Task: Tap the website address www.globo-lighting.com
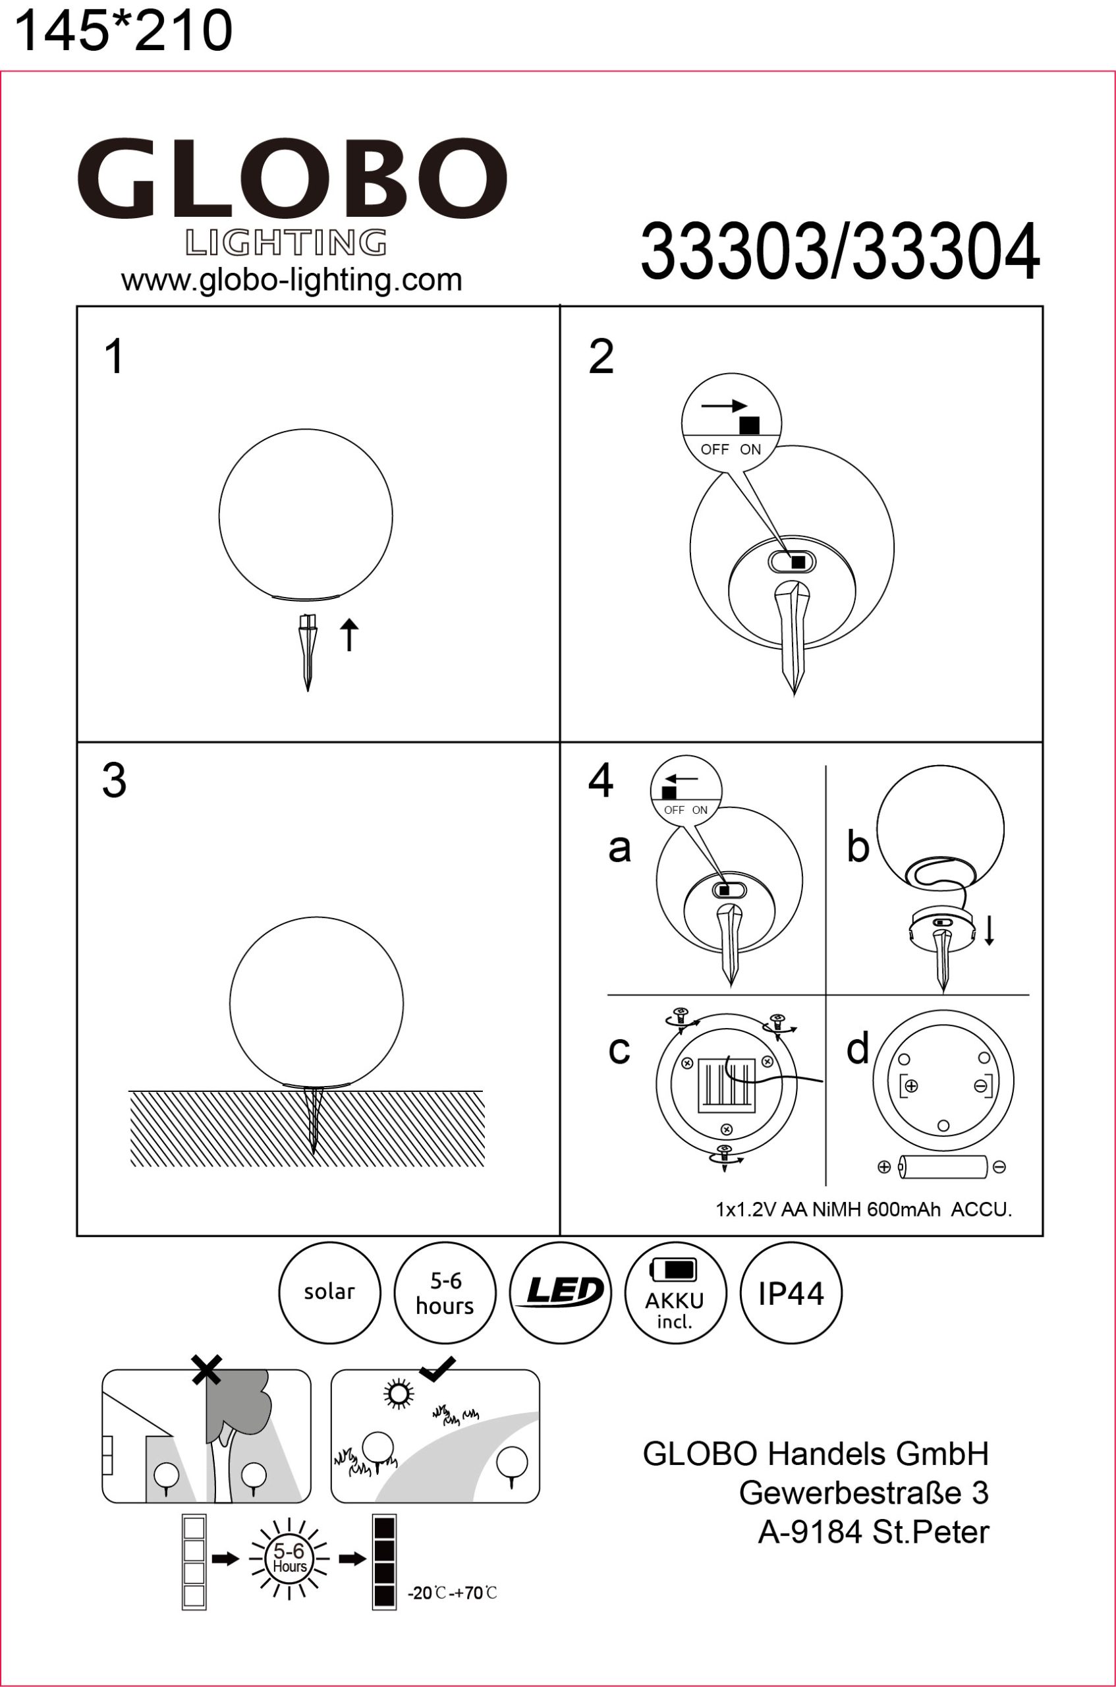pos(292,280)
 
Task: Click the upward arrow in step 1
pos(349,635)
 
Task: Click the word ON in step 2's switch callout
pos(750,449)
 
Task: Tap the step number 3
pos(114,780)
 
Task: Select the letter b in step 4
pos(858,846)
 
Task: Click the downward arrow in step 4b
pos(990,930)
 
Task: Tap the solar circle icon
pos(329,1293)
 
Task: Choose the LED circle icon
pos(560,1293)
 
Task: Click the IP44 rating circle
pos(791,1293)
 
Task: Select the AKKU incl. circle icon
pos(675,1293)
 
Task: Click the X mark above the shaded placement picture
pos(206,1369)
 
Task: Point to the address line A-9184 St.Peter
pos(874,1532)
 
